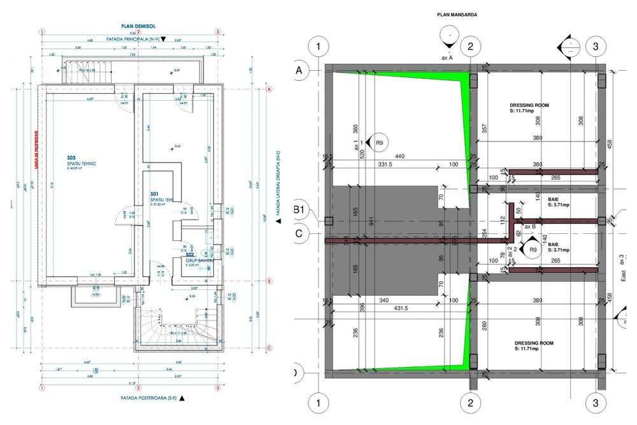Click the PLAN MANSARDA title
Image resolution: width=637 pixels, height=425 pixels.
[457, 14]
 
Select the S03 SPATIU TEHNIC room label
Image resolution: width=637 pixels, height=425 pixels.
[80, 161]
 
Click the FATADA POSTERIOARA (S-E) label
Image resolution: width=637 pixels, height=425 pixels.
[148, 398]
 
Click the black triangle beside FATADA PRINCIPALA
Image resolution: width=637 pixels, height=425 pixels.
[164, 39]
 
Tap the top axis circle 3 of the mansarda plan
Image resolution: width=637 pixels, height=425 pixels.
[596, 47]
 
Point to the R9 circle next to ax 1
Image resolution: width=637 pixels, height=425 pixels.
[379, 143]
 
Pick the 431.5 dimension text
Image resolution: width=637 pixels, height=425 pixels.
[401, 308]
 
